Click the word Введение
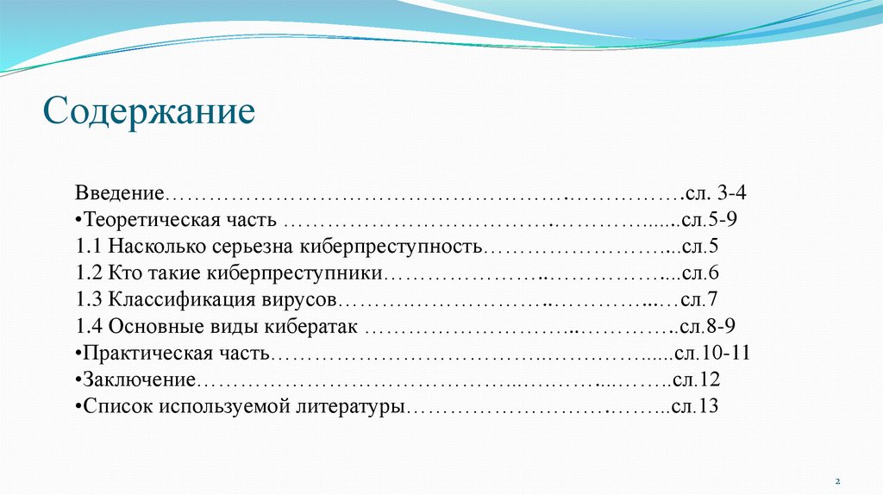(120, 193)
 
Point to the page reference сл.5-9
(708, 220)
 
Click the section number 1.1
(90, 247)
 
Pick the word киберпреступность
(389, 247)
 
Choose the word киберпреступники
(295, 273)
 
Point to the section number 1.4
(90, 327)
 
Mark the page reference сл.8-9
(707, 327)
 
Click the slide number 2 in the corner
(836, 480)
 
